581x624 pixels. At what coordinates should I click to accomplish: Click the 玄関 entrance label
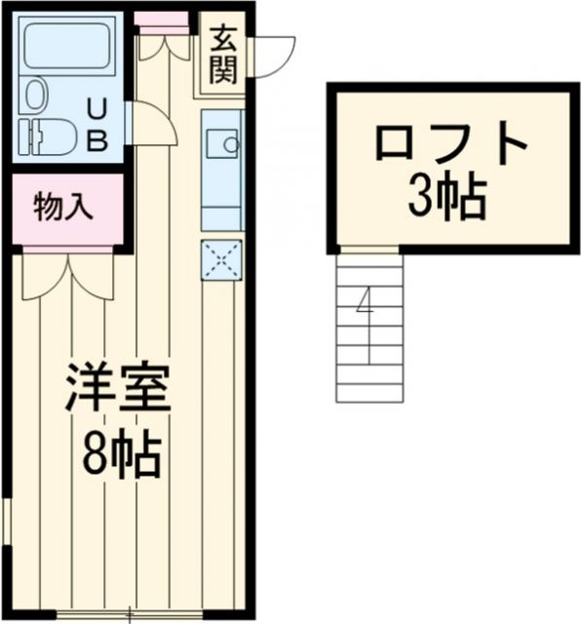coord(222,56)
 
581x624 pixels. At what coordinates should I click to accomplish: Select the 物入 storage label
coord(63,206)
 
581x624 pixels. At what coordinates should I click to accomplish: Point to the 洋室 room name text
coord(119,388)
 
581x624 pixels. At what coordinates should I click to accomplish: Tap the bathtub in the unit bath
coord(66,45)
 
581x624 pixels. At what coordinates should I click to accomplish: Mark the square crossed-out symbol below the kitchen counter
coord(221,258)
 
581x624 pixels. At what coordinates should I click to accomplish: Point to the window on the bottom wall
coord(132,614)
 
